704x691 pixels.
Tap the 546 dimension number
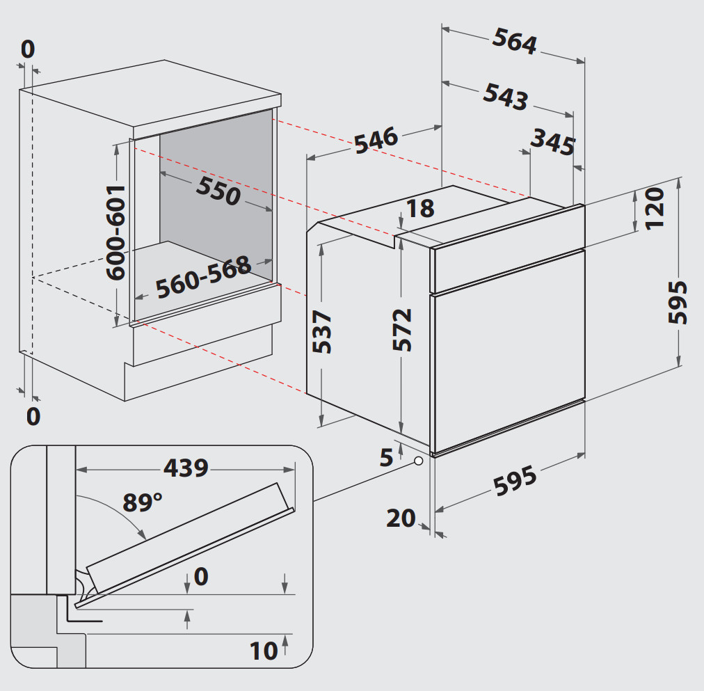[376, 140]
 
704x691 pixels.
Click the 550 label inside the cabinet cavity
[218, 191]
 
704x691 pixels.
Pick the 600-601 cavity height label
[115, 232]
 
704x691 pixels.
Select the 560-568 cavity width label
[202, 277]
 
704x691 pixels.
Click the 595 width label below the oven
[515, 481]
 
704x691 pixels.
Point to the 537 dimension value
[323, 332]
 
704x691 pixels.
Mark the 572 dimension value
[402, 329]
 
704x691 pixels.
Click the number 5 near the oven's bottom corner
[387, 456]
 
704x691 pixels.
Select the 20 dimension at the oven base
[401, 518]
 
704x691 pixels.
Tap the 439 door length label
[186, 468]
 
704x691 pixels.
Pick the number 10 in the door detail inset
[264, 651]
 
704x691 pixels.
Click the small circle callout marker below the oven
[419, 461]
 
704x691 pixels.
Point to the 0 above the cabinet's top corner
[28, 49]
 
